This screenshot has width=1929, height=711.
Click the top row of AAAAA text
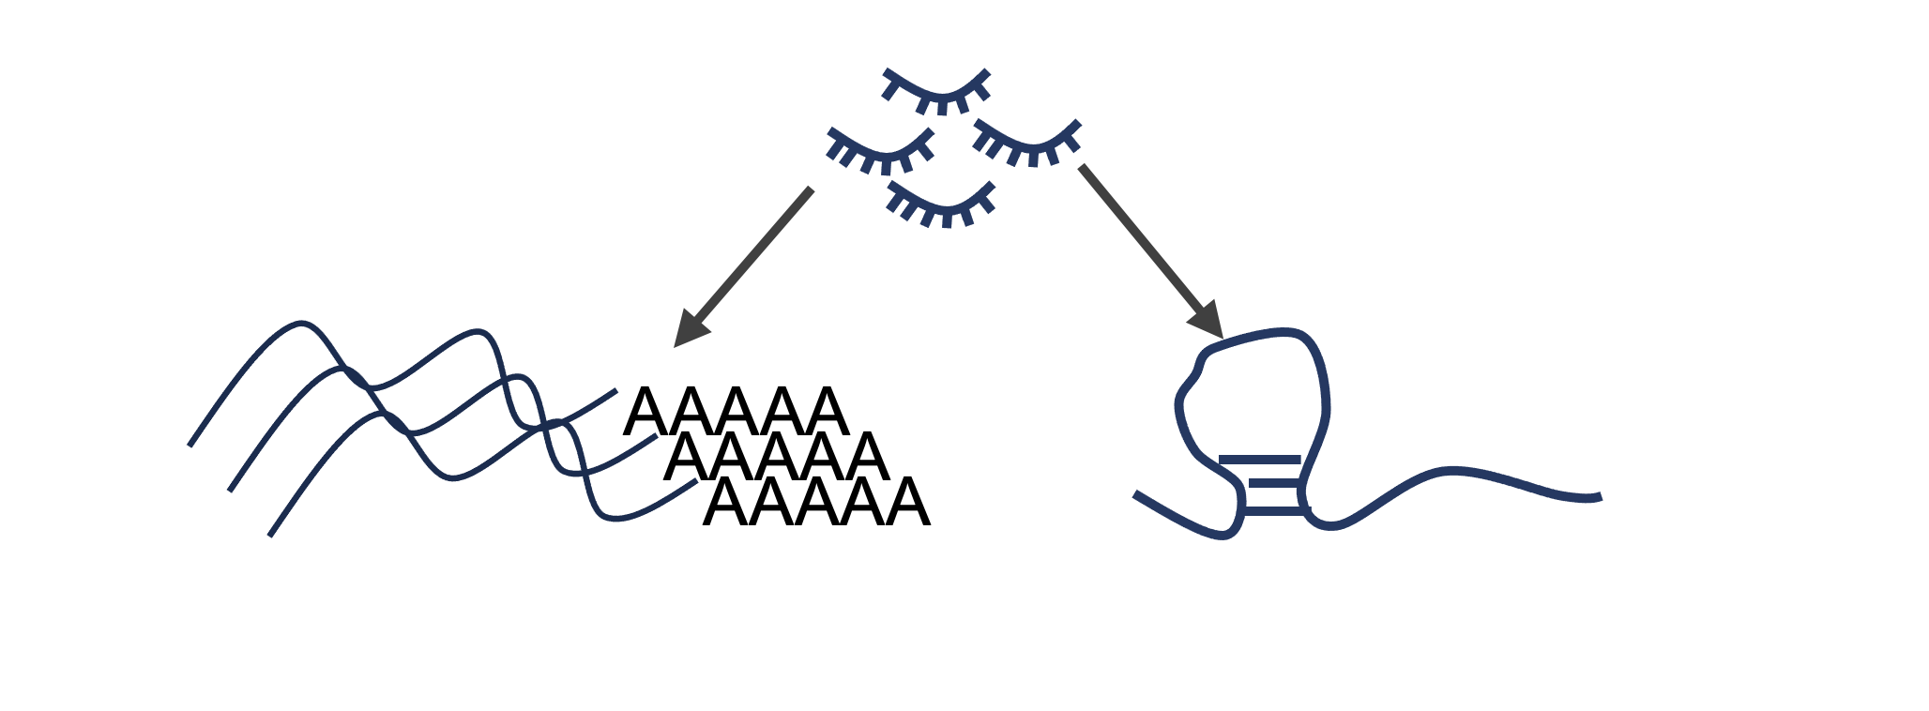click(x=736, y=412)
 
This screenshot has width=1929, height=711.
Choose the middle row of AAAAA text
click(x=776, y=457)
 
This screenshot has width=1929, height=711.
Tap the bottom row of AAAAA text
click(x=816, y=503)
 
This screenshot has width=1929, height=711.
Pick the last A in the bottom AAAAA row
click(x=907, y=503)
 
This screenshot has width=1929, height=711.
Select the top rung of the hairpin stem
click(x=1259, y=460)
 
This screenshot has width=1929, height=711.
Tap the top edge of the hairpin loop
click(x=1257, y=336)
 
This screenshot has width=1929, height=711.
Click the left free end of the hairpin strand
click(x=1136, y=494)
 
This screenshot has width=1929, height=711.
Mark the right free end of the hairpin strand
click(x=1599, y=497)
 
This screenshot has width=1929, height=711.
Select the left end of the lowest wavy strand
click(x=270, y=535)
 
